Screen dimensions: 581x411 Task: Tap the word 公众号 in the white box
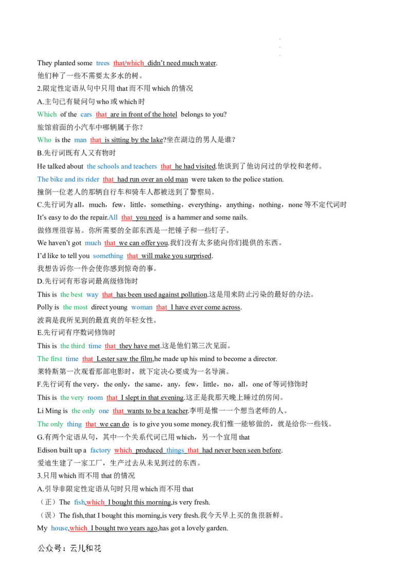49,548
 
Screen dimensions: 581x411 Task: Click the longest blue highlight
123,166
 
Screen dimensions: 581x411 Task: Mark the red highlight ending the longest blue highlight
165,166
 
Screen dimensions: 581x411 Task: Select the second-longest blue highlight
69,180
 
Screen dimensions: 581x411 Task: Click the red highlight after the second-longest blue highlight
108,180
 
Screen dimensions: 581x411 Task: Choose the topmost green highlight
47,114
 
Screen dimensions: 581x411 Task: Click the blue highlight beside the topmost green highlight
86,115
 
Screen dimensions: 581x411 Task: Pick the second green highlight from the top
45,140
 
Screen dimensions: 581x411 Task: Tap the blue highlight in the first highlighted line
103,63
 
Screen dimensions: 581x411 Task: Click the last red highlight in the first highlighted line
135,64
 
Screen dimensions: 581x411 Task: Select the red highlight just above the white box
79,528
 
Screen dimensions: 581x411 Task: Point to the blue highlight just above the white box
59,528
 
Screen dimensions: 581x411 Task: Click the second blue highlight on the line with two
175,451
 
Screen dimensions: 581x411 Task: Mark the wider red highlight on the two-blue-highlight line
123,451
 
